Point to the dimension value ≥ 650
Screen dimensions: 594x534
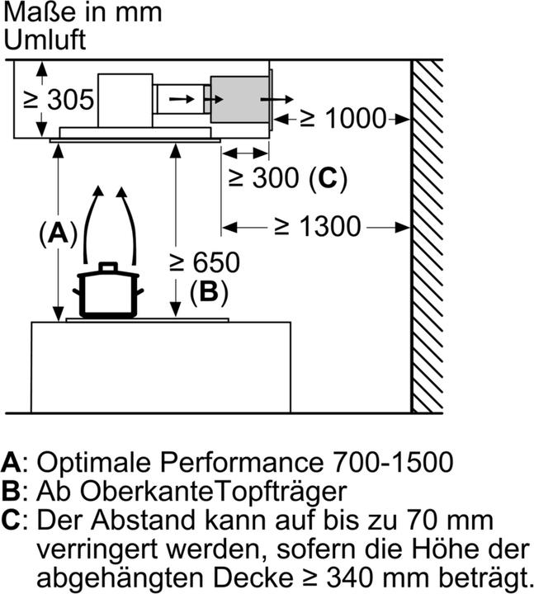tap(204, 262)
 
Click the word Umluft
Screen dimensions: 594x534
tap(45, 40)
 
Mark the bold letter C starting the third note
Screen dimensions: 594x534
tap(12, 521)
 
